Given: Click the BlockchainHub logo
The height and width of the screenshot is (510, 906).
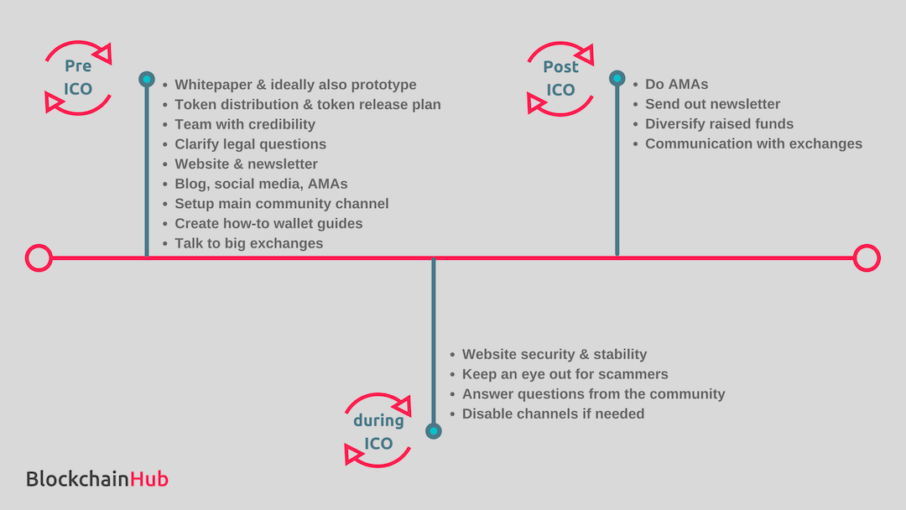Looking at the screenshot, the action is tap(97, 479).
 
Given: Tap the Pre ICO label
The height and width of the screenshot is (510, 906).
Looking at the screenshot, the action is tap(78, 77).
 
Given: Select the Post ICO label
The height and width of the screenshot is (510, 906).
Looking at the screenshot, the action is tap(560, 79).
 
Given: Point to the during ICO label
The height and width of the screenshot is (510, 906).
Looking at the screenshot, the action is tap(378, 431).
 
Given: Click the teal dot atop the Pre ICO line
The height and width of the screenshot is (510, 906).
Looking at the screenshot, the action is tap(147, 79).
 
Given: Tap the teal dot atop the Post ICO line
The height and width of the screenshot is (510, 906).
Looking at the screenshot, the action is tap(617, 78).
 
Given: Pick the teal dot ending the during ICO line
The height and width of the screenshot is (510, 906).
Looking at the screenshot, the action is tap(434, 431).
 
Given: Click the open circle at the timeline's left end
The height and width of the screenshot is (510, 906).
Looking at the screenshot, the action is tap(39, 258).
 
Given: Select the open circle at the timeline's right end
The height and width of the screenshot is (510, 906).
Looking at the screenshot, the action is tap(867, 258).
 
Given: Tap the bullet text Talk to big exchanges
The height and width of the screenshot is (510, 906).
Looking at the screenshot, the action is tap(249, 243).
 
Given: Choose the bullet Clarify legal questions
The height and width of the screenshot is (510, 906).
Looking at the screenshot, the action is tap(250, 144).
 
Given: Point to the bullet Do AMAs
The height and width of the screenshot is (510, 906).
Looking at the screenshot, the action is tap(677, 85).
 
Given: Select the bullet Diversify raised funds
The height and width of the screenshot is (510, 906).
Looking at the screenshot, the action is tap(720, 124).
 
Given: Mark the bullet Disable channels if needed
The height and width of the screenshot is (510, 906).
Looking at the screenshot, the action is tap(553, 414).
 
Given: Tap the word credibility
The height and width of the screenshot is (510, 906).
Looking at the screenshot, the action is tap(281, 125).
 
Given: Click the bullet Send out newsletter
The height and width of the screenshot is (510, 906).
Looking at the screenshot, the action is tap(712, 104).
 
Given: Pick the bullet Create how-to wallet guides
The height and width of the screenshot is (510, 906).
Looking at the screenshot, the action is tap(268, 223).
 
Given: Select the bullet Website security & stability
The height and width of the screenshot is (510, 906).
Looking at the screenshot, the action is tap(555, 354).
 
